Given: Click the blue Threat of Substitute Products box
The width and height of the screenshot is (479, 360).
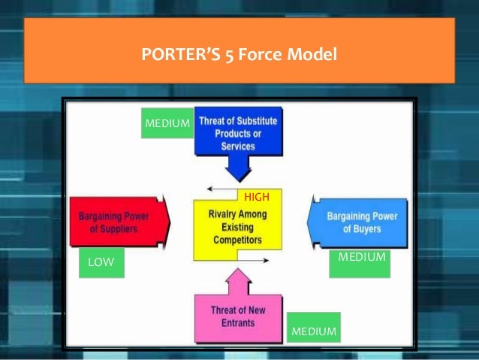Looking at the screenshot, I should [x=238, y=133].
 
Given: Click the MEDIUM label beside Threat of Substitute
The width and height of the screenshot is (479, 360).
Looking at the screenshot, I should [x=167, y=123].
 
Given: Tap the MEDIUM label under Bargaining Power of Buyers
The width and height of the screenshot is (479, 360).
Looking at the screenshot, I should [x=362, y=257].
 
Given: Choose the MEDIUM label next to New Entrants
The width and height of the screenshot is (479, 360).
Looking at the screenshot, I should [x=313, y=331].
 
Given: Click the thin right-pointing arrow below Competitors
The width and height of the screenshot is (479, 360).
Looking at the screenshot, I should [x=252, y=262].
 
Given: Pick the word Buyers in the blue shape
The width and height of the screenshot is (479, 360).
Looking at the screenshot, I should [x=368, y=229].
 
